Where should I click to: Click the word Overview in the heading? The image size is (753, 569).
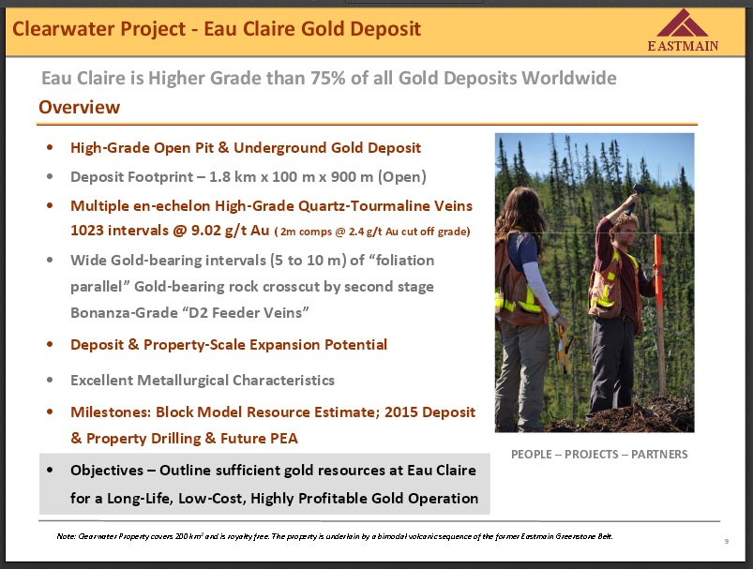coord(79,107)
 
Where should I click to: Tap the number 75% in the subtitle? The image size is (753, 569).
coord(328,78)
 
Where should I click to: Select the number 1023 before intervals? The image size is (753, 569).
coord(87,230)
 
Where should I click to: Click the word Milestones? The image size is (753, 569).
coord(111,412)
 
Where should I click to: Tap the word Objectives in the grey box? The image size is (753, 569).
coord(107,470)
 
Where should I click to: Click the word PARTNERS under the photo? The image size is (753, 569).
coord(659,455)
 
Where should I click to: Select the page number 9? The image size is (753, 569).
coord(727,541)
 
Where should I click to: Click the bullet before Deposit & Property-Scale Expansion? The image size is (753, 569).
coord(50,344)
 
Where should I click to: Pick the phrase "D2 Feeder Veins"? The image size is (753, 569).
coord(245,312)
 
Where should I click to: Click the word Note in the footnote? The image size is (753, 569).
coord(66,536)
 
